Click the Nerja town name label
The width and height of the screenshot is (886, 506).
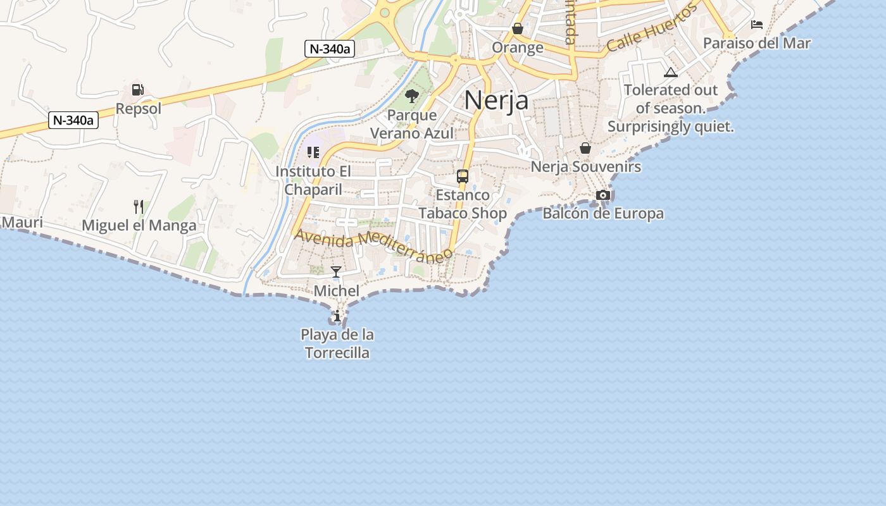coord(496,100)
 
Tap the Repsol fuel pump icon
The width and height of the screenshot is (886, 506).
coord(138,90)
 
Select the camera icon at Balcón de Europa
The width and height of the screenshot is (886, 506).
coord(603,195)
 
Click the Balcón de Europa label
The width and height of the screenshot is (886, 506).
coord(603,214)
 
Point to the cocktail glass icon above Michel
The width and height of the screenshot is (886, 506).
coord(336,272)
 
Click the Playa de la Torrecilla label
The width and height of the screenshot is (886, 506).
coord(337,343)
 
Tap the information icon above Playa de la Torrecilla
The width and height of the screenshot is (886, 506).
coord(337,316)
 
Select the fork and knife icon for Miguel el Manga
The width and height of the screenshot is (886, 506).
coord(139,206)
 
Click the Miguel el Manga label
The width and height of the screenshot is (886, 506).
coord(139,225)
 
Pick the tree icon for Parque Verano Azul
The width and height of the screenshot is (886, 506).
coord(412,96)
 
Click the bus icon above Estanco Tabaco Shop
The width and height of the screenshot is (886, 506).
coord(463,176)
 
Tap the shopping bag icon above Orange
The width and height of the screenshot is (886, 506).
coord(518,28)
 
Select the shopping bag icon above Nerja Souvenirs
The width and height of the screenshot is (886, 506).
coord(585,148)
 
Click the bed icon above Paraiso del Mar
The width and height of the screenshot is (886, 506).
coord(757,25)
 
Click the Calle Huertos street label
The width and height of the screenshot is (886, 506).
coord(652,27)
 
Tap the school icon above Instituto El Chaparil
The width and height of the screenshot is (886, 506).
coord(313,152)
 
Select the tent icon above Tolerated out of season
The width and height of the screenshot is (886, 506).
coord(671,72)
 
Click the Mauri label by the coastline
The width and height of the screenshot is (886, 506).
coord(22,223)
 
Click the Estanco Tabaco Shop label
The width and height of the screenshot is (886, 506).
coord(463,204)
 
